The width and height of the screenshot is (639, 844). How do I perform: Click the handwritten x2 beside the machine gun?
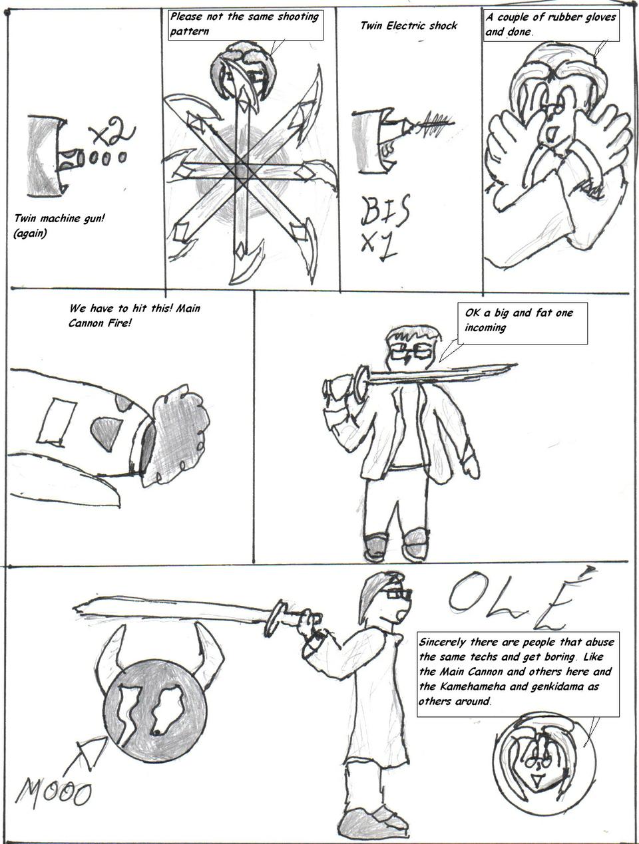click(112, 132)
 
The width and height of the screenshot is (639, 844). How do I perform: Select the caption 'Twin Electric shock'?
click(409, 26)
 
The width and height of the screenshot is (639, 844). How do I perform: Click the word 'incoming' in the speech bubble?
click(485, 328)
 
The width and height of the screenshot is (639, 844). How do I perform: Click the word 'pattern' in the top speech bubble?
click(189, 31)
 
